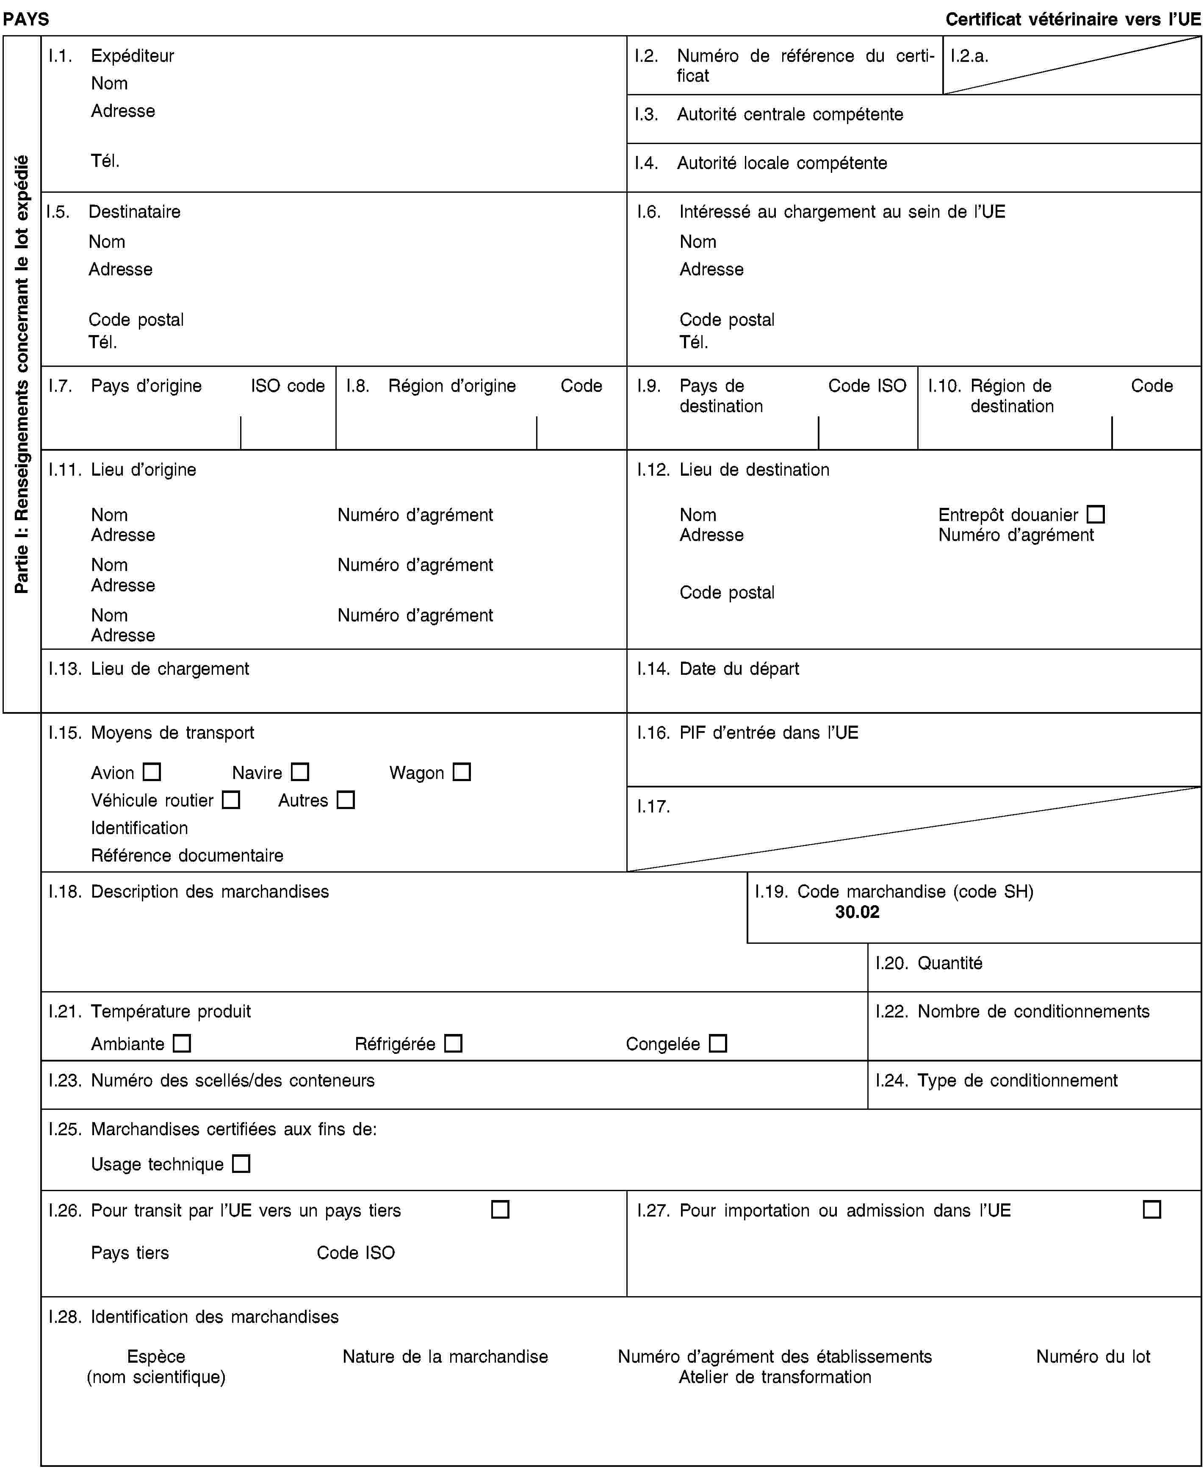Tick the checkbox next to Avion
coord(152,772)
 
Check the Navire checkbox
coord(299,772)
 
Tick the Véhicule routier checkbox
coord(231,800)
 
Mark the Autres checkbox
coord(346,800)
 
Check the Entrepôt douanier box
coord(1096,515)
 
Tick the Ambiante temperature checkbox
coord(182,1043)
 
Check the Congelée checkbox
coord(718,1043)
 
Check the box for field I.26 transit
coord(500,1210)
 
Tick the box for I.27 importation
coord(1152,1210)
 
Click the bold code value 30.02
coord(857,912)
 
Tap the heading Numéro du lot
coord(1093,1357)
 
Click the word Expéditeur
coord(133,55)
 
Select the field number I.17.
coord(653,807)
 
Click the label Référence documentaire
coord(187,855)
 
